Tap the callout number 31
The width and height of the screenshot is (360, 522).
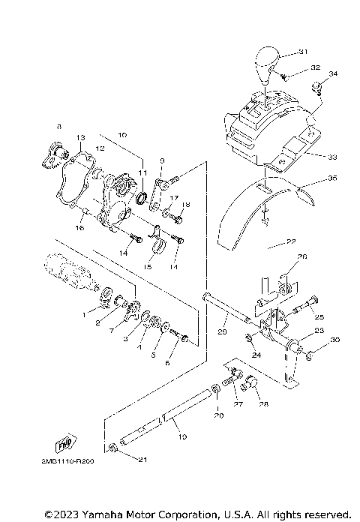coord(303,52)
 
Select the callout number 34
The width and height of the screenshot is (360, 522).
coord(334,73)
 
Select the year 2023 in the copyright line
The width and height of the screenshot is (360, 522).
coord(67,514)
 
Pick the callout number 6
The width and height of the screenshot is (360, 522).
coord(168,363)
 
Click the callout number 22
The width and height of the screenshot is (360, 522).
coord(279,241)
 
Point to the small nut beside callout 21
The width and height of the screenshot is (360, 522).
coord(112,448)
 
